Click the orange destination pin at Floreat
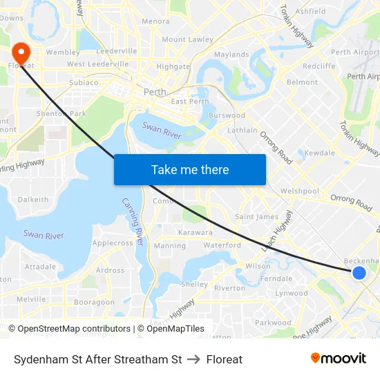(21, 53)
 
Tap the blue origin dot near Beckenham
(359, 273)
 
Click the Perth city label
(154, 92)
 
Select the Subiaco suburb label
(84, 82)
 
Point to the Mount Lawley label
(187, 39)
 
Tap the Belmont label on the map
(302, 82)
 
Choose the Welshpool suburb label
(300, 191)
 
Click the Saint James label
(257, 217)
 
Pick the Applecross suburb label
(113, 243)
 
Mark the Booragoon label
(94, 303)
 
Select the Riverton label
(230, 288)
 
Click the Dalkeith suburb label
(33, 200)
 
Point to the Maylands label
(231, 55)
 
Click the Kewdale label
(320, 153)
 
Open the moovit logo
(338, 359)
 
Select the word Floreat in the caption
(225, 359)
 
